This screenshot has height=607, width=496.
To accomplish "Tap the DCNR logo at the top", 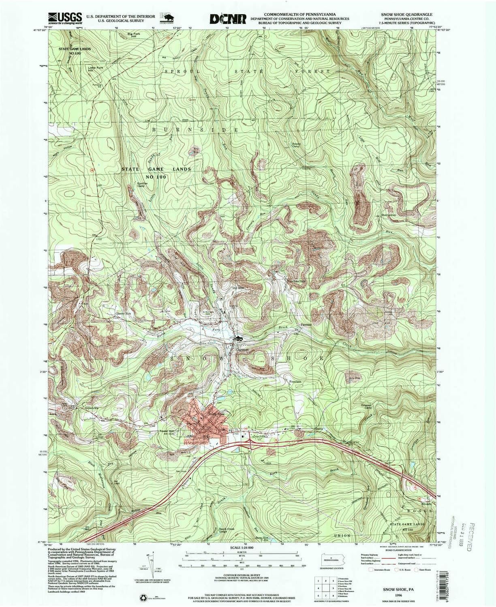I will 228,19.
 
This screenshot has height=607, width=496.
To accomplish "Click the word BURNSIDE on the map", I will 195,129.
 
